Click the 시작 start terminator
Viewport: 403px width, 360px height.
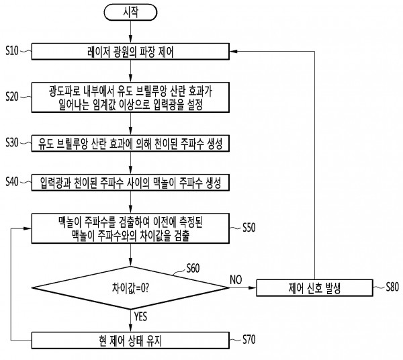click(130, 13)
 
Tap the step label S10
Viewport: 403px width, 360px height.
click(13, 51)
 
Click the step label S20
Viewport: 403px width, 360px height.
click(13, 96)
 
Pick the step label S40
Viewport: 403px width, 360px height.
click(13, 181)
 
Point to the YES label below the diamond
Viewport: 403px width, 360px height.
click(141, 315)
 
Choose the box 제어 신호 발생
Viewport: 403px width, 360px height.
click(314, 289)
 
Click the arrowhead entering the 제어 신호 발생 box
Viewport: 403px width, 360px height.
click(255, 289)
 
